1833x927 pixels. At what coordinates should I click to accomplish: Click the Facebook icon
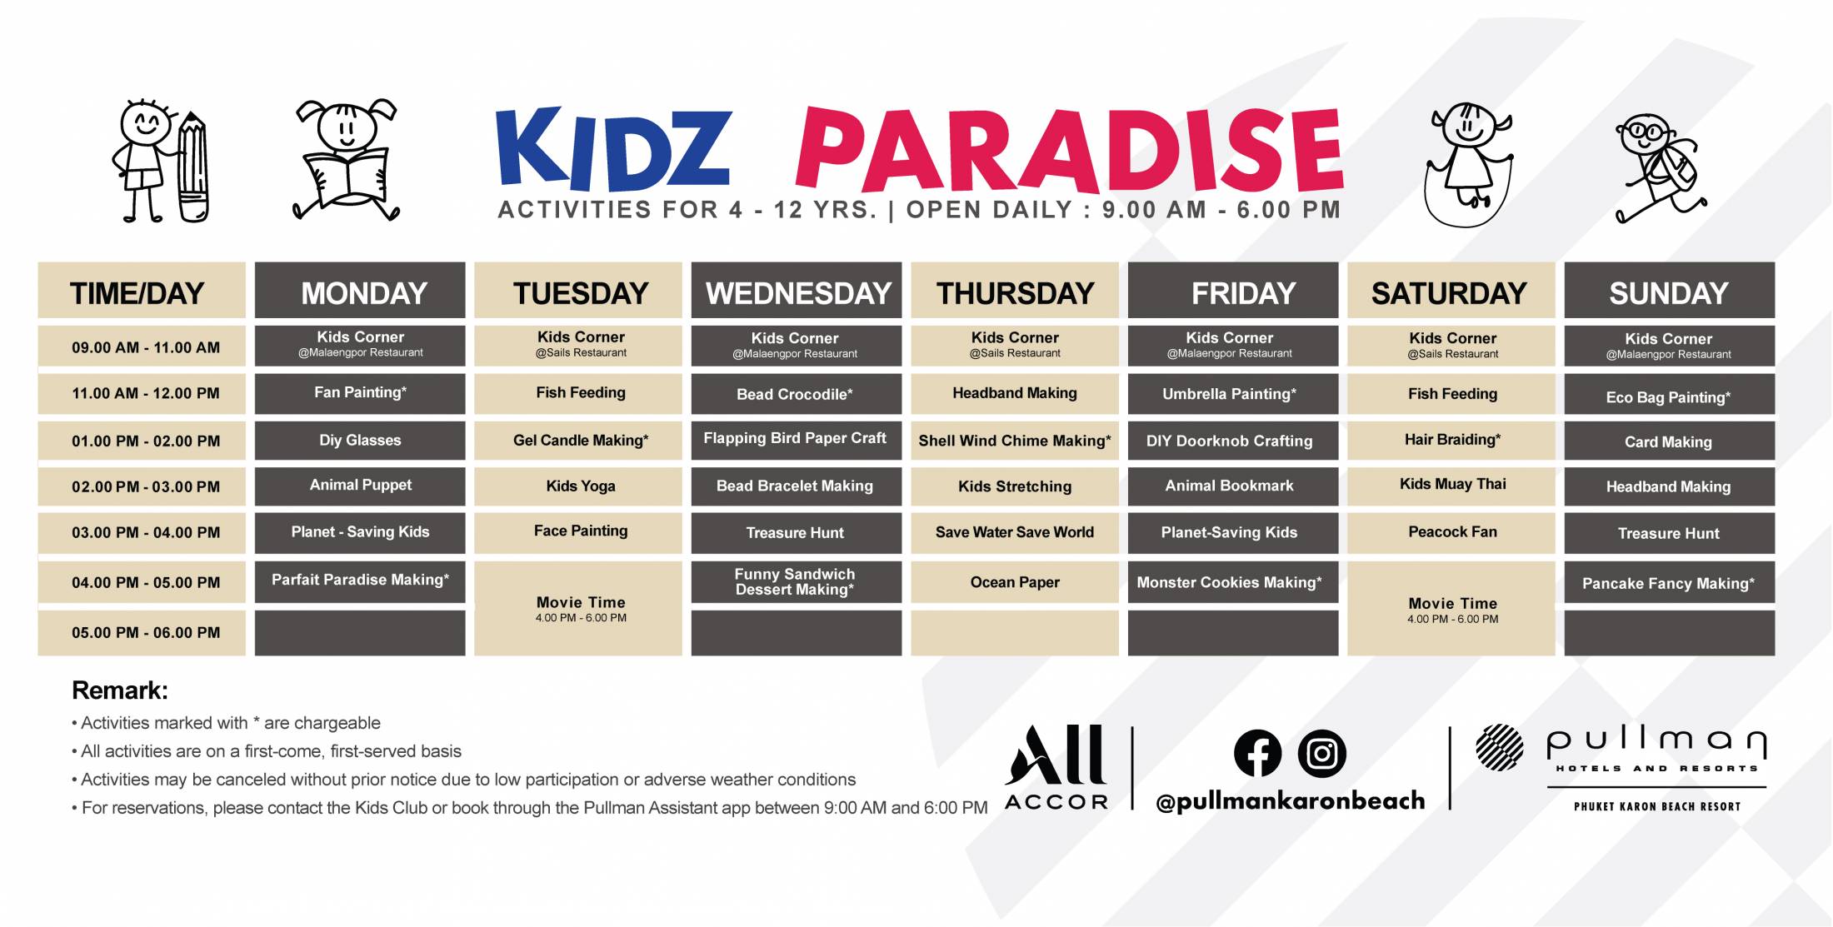click(1257, 753)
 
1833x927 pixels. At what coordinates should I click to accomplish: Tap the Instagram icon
click(1322, 753)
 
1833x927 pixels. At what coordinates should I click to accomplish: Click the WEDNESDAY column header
click(797, 291)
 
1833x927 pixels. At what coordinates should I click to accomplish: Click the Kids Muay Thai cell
click(1451, 485)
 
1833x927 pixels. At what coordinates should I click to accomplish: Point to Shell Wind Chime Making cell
click(1015, 441)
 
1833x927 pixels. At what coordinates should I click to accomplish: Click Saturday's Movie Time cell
click(1451, 608)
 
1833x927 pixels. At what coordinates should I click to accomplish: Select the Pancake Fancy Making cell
click(1670, 582)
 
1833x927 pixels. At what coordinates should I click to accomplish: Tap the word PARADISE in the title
click(1069, 150)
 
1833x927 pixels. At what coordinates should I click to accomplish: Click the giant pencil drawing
click(192, 167)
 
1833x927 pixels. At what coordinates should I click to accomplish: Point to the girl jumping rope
click(1468, 165)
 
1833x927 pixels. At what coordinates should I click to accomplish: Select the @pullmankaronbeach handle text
click(1291, 800)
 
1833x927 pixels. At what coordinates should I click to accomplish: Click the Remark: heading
click(120, 690)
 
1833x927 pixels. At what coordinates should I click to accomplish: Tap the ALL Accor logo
click(1056, 767)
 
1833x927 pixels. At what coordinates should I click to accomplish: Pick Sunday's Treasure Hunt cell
click(1670, 533)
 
